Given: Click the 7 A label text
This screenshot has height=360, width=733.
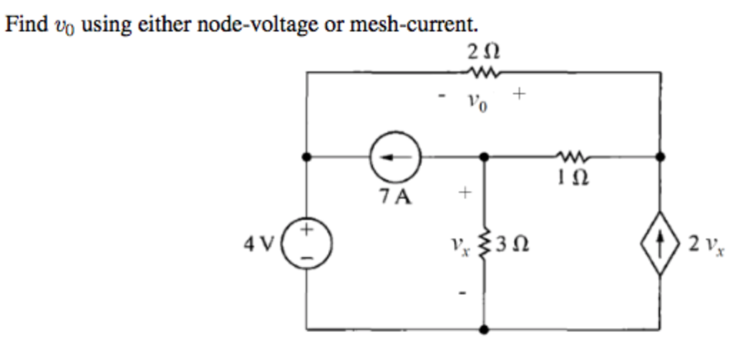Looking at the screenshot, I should [396, 196].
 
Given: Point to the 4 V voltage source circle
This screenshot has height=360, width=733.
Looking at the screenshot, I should [306, 244].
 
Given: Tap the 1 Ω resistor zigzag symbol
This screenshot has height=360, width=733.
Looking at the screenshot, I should [572, 155].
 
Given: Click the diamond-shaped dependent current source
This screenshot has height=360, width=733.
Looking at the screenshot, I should [660, 245].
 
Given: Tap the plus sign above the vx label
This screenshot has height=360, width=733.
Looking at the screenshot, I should [464, 192].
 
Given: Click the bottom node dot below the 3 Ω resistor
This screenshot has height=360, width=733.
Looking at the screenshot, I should [485, 330].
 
